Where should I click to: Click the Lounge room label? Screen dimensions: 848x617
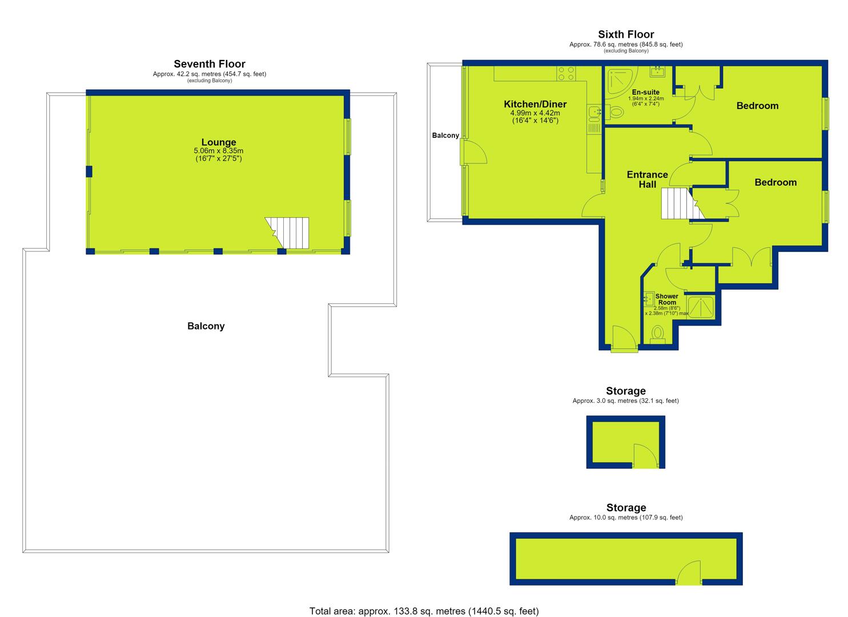[219, 142]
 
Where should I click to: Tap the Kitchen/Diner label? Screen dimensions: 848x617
[535, 104]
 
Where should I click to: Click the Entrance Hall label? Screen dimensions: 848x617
[647, 179]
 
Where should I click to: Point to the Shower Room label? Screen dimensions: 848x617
[666, 299]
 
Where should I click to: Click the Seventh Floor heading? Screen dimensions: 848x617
[210, 63]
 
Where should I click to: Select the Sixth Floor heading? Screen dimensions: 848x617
[626, 34]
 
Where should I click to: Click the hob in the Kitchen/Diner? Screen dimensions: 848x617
[566, 74]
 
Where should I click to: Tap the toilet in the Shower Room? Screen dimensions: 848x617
[658, 334]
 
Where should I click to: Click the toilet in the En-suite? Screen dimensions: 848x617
[614, 113]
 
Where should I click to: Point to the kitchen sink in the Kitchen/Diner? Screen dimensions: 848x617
[594, 113]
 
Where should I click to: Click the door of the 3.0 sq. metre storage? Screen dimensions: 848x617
[646, 456]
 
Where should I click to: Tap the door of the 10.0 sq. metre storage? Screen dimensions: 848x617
[689, 573]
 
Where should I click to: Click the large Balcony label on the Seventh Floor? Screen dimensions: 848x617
[206, 326]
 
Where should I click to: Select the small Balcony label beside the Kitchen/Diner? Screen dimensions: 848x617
[445, 135]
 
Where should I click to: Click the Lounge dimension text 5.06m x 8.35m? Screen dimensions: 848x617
[219, 151]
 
